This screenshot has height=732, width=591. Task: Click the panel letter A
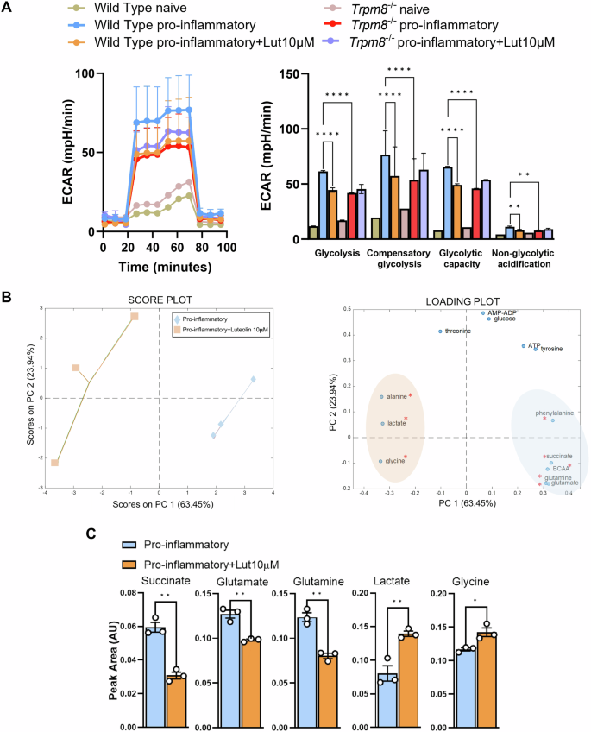9,8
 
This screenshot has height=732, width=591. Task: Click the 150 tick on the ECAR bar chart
292,74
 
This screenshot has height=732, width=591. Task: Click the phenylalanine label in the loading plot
556,413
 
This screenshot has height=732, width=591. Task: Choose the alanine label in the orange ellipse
397,396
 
